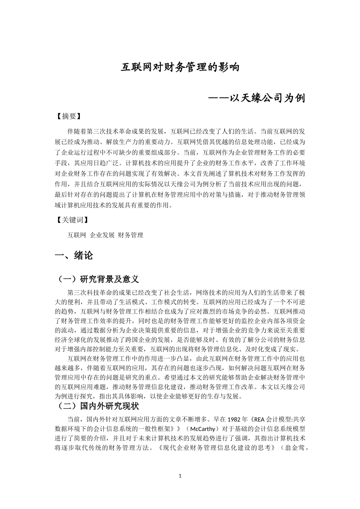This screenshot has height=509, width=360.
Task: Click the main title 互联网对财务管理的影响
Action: tap(180, 67)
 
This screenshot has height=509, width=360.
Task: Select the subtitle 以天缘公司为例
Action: tap(267, 98)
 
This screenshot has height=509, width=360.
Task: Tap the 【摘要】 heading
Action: tap(68, 116)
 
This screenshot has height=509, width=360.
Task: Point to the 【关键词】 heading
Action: tap(72, 220)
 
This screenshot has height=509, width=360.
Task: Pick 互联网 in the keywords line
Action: tap(77, 235)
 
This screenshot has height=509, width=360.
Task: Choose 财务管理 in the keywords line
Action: tap(131, 235)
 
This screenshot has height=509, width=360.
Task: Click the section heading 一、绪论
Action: tap(74, 256)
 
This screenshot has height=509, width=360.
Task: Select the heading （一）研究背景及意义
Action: tap(97, 279)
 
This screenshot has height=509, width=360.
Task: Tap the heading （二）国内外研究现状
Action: tap(97, 406)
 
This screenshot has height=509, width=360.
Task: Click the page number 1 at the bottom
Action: tap(180, 476)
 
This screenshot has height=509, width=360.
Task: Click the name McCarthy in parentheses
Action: tap(203, 429)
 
